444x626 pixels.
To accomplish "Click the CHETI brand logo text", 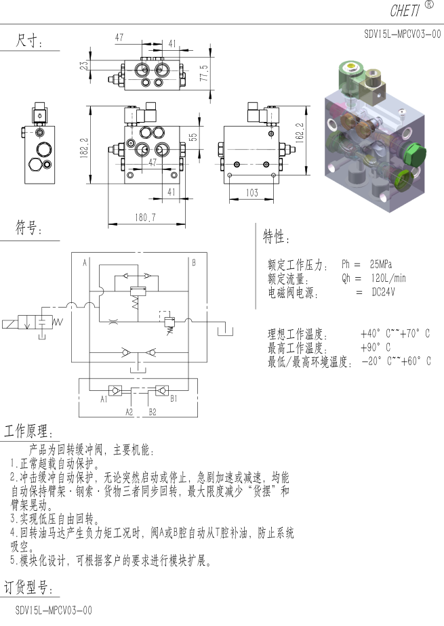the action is pos(405,11).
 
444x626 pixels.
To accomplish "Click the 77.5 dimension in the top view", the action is pos(204,73).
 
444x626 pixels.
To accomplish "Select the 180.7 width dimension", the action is pos(145,217).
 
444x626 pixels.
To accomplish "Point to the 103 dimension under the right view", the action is pos(252,193).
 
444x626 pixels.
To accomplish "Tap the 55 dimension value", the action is pos(193,137).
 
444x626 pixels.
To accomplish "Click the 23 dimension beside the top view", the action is pos(84,66).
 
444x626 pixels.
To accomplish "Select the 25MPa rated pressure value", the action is pos(380,264).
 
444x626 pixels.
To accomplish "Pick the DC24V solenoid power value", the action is pos(383,292).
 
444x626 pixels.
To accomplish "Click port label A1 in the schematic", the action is pos(104,399).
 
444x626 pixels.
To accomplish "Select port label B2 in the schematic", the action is pos(153,412).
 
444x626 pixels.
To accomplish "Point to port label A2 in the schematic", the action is pos(129,412).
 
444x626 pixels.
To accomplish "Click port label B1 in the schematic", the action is pos(174,398).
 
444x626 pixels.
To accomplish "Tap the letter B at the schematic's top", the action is pos(194,262).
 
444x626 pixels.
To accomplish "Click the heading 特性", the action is pos(273,236).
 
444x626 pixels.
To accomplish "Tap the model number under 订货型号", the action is pos(54,610).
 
